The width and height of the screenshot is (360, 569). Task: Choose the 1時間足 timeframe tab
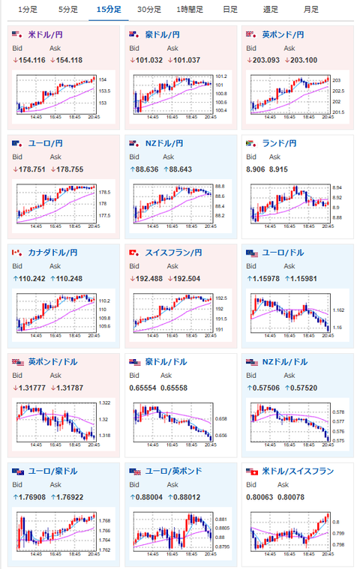pyautogui.click(x=188, y=10)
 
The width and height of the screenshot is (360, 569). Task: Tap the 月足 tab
pyautogui.click(x=310, y=10)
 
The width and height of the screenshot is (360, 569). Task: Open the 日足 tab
pyautogui.click(x=230, y=10)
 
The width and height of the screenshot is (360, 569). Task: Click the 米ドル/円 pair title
pyautogui.click(x=46, y=34)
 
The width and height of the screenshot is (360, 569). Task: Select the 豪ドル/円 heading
pyautogui.click(x=163, y=34)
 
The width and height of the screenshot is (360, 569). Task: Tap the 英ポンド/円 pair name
pyautogui.click(x=283, y=34)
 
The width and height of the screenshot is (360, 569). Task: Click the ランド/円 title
pyautogui.click(x=279, y=143)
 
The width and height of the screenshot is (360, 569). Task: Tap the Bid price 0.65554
pyautogui.click(x=143, y=388)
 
